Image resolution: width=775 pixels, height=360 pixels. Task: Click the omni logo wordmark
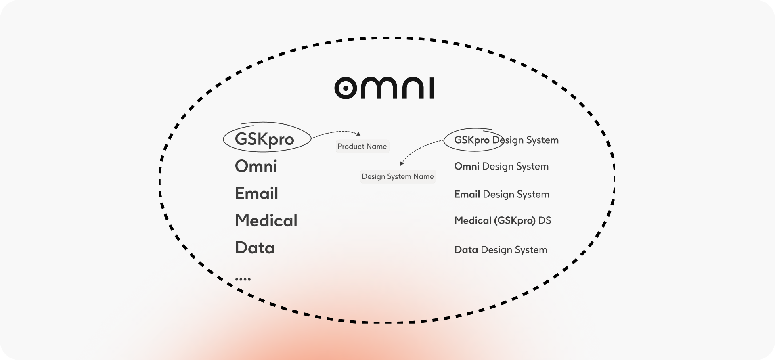pos(384,88)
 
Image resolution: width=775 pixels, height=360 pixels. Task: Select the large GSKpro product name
pos(264,140)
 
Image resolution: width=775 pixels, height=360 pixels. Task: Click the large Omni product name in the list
pos(256,166)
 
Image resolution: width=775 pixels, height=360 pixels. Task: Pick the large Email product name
pos(256,193)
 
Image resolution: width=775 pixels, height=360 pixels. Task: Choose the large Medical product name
pos(266,220)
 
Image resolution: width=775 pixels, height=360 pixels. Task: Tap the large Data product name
pos(255,247)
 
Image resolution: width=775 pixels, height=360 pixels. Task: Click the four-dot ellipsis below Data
pos(243,279)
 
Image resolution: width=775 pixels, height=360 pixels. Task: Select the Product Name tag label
pos(362,147)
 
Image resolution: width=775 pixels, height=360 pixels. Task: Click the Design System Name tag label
pos(398,176)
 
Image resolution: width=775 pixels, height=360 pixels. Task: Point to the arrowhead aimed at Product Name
pos(358,134)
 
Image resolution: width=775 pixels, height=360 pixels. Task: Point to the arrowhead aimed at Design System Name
pos(402,163)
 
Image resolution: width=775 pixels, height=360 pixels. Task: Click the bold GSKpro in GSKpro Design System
pos(471,140)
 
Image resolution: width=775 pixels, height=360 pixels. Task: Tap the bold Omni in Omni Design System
pos(467,166)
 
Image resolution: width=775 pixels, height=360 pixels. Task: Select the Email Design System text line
pos(502,194)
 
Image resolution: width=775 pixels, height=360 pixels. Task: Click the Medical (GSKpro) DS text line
pos(503,220)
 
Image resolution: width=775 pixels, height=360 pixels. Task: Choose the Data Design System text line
pos(501,250)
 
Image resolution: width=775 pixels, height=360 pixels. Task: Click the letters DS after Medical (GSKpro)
pos(545,220)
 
